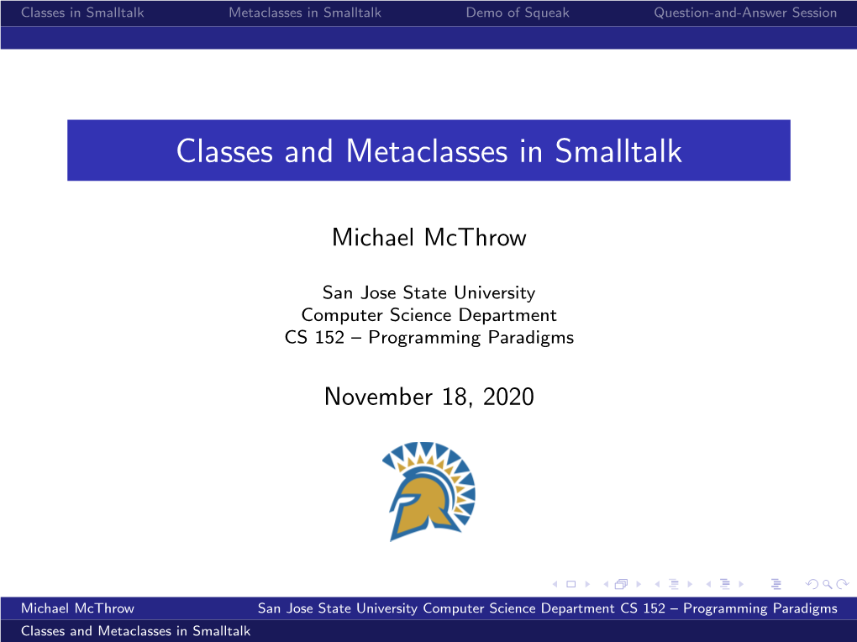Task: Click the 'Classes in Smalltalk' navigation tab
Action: [x=82, y=13]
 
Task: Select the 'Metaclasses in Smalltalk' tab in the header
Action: [x=305, y=13]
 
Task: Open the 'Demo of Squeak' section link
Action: [x=518, y=13]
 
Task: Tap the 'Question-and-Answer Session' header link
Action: [x=745, y=13]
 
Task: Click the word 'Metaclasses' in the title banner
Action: [x=427, y=151]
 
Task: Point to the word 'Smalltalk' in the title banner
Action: [x=618, y=151]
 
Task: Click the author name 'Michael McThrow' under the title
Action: [x=429, y=237]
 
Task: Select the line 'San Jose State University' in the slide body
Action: [x=429, y=292]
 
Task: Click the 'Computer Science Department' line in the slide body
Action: [x=429, y=315]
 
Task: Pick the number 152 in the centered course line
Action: [x=329, y=338]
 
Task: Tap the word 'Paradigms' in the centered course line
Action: [x=531, y=338]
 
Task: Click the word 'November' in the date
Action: [x=378, y=397]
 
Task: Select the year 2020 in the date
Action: [x=508, y=397]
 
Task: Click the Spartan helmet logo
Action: [x=429, y=492]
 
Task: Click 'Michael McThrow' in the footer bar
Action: [x=77, y=608]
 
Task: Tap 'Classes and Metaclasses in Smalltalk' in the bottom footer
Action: [x=135, y=631]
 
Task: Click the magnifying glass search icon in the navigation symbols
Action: [x=828, y=584]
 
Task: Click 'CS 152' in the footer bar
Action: [x=643, y=608]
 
